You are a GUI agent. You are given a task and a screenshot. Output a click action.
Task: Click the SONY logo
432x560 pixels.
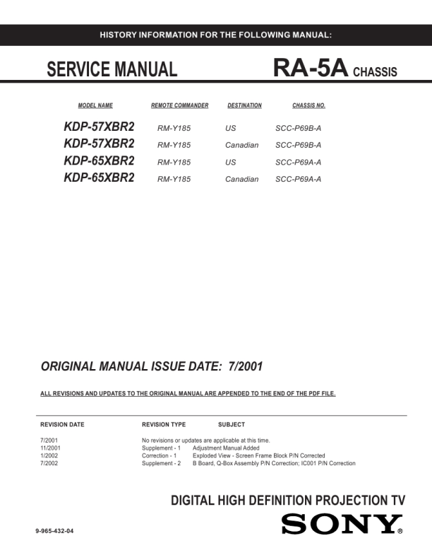coord(341,524)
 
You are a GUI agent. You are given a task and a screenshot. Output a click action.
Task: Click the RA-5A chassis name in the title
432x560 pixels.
coord(310,69)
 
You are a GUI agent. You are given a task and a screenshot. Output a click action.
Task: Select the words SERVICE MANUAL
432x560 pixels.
coord(112,69)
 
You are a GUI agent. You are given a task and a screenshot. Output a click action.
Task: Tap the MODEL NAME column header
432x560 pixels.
coord(95,106)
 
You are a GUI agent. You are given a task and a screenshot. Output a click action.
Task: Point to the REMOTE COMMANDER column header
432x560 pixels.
coord(179,106)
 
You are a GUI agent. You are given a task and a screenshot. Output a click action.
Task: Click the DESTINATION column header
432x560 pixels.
coord(244,106)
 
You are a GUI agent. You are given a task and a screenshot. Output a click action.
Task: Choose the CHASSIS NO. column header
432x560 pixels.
coord(308,106)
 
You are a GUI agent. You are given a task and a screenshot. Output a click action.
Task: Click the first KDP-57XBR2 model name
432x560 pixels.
coord(99,128)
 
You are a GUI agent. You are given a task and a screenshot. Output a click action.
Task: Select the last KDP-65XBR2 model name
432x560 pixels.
coord(99,178)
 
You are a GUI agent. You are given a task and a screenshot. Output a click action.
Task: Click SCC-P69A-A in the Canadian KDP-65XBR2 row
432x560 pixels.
coord(298,179)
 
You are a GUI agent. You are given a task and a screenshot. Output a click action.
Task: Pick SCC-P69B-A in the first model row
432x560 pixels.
coord(298,129)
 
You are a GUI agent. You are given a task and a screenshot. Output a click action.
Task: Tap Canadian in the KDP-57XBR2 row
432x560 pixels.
coord(241,146)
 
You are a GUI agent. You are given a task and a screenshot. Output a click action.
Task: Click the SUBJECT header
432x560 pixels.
coord(232,424)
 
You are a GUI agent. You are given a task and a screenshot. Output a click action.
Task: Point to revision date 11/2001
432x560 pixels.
coord(51,448)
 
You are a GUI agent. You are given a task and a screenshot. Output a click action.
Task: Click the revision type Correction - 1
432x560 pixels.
coord(162,456)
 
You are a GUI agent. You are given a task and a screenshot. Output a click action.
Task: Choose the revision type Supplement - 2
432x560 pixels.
coord(162,464)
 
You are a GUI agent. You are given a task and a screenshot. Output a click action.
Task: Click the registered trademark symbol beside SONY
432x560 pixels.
coord(400,531)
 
